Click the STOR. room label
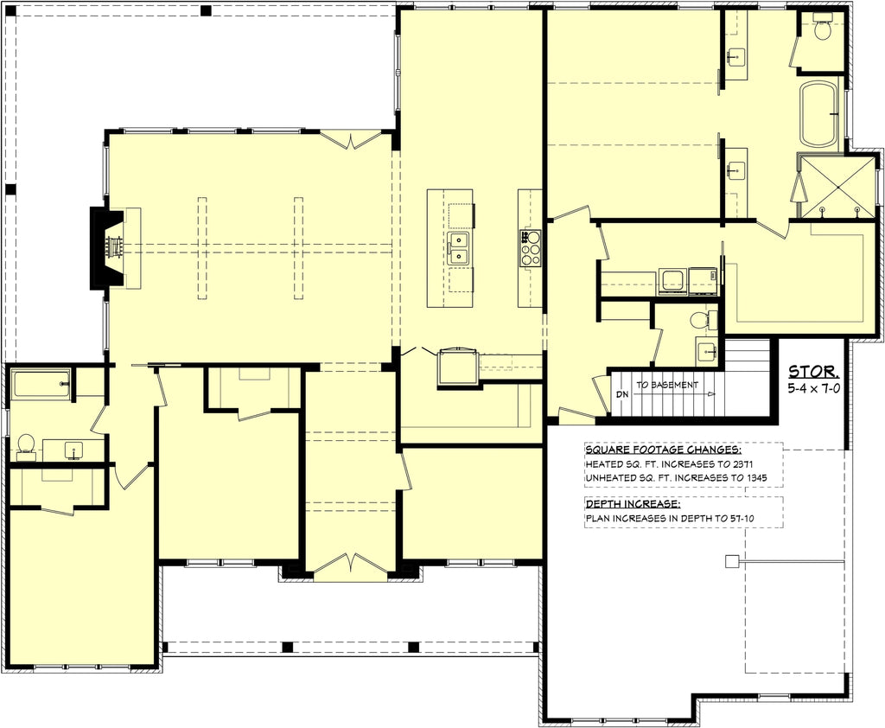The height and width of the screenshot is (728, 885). [x=813, y=372]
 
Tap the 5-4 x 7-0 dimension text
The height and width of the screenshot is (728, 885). [x=813, y=390]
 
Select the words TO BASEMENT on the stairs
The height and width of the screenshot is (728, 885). [x=667, y=385]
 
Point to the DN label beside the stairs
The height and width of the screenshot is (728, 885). [x=622, y=393]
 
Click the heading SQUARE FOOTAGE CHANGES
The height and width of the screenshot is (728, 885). [x=663, y=450]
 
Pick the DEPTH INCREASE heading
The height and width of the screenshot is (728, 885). [x=632, y=503]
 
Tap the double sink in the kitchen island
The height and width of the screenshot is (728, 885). [x=458, y=248]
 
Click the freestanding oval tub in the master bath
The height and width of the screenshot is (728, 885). [x=818, y=114]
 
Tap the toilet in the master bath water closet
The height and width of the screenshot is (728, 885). [x=822, y=29]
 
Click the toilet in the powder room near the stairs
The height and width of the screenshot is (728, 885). [x=700, y=320]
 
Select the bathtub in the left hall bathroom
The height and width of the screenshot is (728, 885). [x=41, y=383]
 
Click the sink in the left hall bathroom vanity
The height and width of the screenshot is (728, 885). [x=73, y=449]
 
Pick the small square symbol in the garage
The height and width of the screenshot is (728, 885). [x=732, y=561]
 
